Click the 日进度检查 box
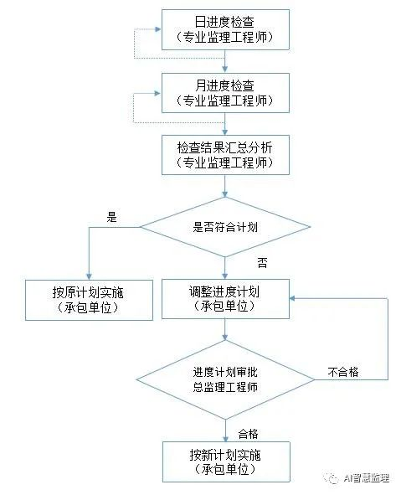click(x=225, y=30)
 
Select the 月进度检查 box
click(x=225, y=91)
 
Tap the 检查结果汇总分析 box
click(x=225, y=154)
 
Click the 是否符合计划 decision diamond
click(x=225, y=225)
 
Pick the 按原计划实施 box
click(x=89, y=299)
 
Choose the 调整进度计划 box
click(x=225, y=299)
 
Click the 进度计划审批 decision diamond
click(x=225, y=379)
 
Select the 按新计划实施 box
click(x=225, y=461)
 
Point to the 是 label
click(x=111, y=216)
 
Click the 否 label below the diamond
click(x=261, y=263)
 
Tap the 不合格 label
click(x=342, y=371)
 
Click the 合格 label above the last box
click(x=248, y=432)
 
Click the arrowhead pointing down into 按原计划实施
click(x=89, y=274)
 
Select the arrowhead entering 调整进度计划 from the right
click(x=293, y=299)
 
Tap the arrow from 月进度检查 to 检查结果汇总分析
click(x=225, y=124)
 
